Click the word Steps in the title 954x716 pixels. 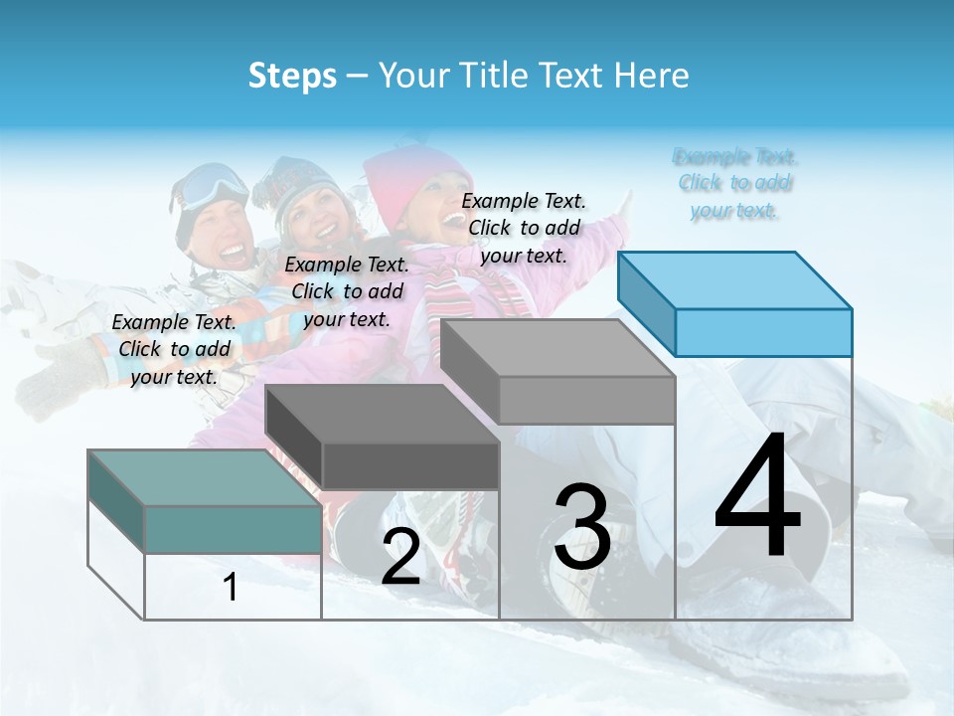292,76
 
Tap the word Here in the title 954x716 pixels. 651,76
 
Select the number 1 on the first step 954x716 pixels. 231,588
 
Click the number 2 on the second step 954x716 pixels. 400,558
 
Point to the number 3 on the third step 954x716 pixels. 582,527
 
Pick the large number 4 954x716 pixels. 757,496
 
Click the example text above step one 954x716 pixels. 175,349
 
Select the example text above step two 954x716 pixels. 347,291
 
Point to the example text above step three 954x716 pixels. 524,228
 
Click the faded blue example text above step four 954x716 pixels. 735,183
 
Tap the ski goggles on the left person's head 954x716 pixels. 213,185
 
